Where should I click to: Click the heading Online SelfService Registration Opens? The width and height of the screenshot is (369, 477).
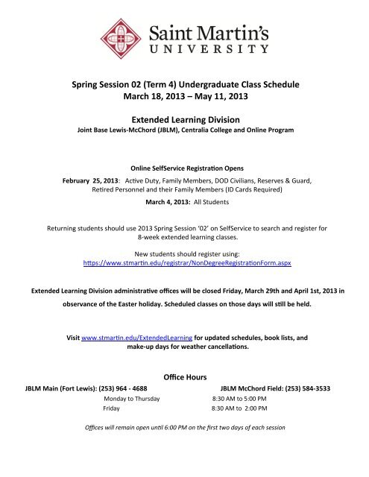click(183, 168)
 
